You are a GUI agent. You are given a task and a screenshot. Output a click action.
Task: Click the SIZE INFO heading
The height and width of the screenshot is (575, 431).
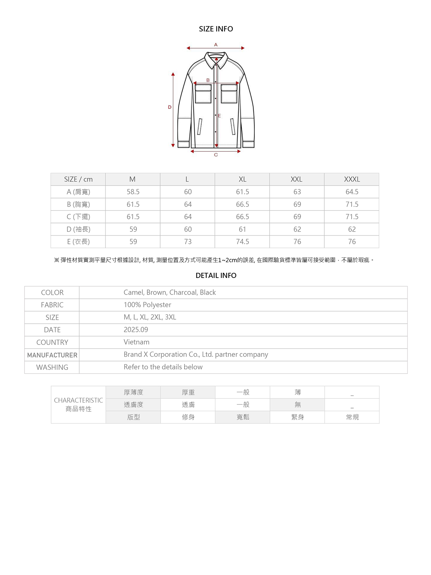coord(216,29)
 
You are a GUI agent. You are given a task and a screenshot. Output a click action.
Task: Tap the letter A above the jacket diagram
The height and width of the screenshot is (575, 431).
coord(216,45)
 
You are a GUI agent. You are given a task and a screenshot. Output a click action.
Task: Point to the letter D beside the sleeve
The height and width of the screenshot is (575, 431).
coord(170,107)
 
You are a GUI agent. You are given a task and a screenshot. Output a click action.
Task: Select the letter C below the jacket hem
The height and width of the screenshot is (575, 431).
coord(216,155)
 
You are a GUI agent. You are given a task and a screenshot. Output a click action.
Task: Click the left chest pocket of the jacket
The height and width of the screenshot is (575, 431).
coord(203,93)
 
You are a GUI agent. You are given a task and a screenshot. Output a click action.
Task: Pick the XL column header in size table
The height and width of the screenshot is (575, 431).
coord(242,179)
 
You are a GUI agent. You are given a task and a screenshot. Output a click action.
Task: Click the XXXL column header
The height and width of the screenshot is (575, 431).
coord(352,179)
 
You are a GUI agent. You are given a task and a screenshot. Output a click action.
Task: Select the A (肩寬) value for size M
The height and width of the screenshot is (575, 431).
coord(133,192)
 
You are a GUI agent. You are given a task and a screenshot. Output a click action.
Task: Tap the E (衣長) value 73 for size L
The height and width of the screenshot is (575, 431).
coord(188,242)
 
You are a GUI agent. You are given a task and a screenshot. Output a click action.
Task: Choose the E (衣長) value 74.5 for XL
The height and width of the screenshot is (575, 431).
coord(242,242)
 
